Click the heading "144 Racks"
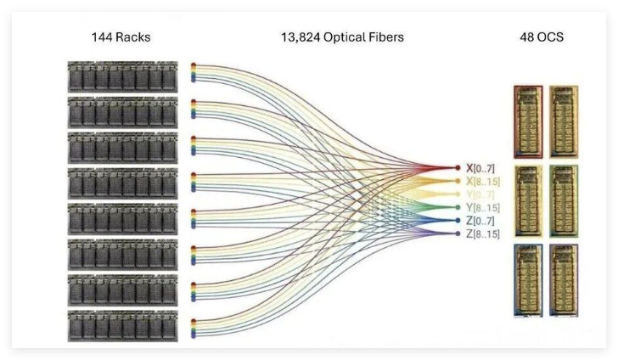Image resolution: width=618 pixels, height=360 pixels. (x=121, y=37)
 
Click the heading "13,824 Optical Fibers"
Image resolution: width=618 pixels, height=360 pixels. (x=342, y=37)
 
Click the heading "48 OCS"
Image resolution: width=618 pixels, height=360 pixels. (x=542, y=37)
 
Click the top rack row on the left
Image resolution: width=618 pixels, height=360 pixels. (x=122, y=76)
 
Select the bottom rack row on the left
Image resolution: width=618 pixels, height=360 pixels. (x=122, y=325)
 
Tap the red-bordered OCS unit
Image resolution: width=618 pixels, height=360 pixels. (x=528, y=121)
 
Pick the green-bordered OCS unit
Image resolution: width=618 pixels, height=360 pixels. (x=564, y=200)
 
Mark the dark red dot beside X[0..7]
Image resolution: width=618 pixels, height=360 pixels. (x=458, y=168)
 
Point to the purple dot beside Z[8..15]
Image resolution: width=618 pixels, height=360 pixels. (x=458, y=233)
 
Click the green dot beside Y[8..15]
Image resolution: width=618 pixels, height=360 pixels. (x=458, y=207)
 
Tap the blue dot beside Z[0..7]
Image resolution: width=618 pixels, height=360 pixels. (x=458, y=220)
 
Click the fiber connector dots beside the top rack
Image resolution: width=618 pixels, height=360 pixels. (x=194, y=72)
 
